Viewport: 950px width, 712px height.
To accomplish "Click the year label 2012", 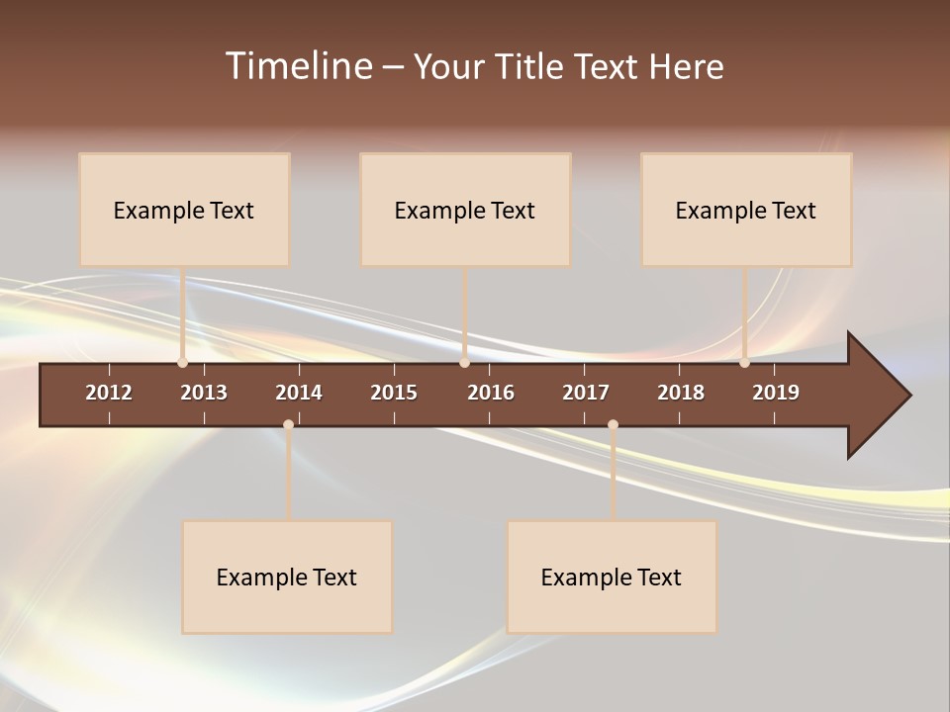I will pos(109,393).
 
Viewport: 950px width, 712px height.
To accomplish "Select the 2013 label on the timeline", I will pos(204,393).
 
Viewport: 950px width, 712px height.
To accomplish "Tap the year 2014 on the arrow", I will pos(299,393).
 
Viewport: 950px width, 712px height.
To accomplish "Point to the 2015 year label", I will pos(394,393).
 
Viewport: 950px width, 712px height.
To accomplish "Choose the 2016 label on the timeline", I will pos(491,393).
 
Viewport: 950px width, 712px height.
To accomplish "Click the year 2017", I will pos(586,393).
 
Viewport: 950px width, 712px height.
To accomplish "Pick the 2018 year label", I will pos(681,393).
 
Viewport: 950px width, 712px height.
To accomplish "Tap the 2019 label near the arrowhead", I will pos(776,393).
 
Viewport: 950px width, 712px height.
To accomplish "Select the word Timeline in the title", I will pos(298,66).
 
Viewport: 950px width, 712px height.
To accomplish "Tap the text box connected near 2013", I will pos(184,210).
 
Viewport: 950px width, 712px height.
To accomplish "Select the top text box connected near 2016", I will pos(465,210).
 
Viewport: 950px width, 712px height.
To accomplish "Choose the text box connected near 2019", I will pos(746,210).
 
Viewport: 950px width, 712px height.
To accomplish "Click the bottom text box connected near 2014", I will pos(287,577).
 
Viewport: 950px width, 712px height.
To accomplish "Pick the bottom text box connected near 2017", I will pos(612,577).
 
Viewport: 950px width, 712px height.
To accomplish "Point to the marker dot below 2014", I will pos(288,424).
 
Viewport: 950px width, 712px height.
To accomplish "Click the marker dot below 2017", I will pos(613,424).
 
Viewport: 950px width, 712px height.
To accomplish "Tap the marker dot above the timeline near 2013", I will pos(182,363).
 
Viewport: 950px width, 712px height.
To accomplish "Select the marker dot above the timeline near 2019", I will pos(744,363).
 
